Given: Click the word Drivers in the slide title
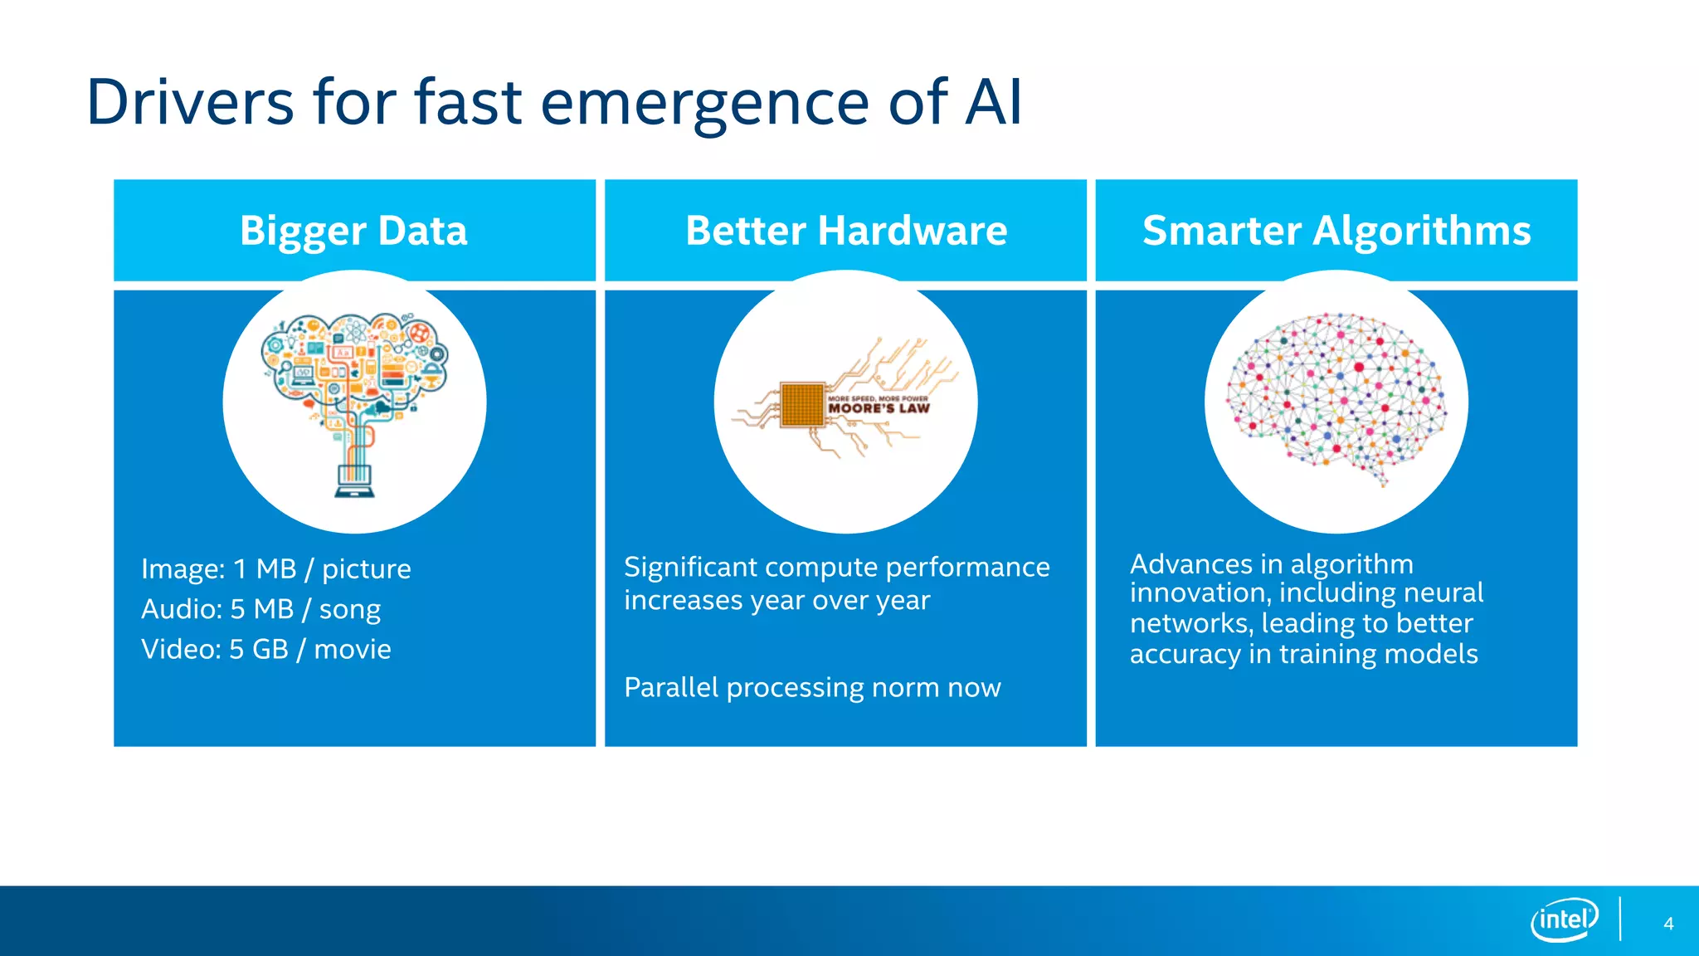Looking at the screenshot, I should [190, 102].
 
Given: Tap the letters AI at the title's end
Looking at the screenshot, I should [993, 102].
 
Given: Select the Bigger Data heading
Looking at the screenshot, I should [353, 231].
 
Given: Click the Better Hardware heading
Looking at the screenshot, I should [846, 231].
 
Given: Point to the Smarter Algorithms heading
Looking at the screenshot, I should [1336, 231].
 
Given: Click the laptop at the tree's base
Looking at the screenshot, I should [355, 480].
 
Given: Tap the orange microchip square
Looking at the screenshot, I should [802, 404].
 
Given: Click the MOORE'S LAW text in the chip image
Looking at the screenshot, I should [879, 407].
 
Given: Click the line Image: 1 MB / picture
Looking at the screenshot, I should [275, 569].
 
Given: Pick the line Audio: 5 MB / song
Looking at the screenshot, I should [260, 609].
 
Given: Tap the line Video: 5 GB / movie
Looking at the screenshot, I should [265, 649].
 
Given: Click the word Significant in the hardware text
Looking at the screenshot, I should [690, 567].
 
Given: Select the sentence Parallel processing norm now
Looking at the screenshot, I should [812, 687].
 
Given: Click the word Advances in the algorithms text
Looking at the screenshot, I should [1190, 564].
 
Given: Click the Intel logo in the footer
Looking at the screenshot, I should [1563, 919].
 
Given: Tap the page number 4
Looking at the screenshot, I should [1668, 924].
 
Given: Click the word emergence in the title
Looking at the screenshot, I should [704, 102].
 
